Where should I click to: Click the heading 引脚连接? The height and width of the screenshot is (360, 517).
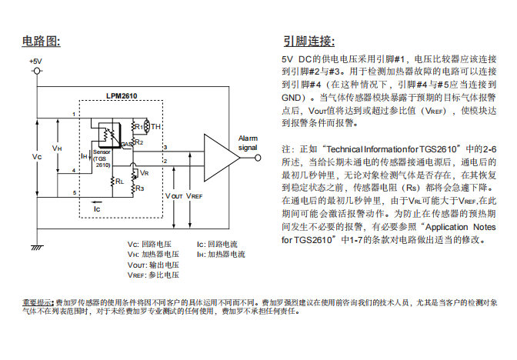click(309, 40)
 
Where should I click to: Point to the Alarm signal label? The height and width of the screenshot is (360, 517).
click(248, 142)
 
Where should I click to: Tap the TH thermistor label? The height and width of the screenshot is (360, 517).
click(155, 126)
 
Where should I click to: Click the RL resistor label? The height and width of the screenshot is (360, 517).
click(119, 182)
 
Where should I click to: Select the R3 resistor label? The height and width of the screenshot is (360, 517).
click(138, 188)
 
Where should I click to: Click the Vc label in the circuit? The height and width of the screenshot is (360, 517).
click(36, 156)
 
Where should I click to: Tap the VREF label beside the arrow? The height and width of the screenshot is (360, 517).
click(195, 196)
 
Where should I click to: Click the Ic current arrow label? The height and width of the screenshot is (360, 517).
click(96, 208)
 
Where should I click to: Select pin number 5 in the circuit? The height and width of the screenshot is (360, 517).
click(74, 192)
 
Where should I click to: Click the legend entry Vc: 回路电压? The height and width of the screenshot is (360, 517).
click(154, 244)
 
